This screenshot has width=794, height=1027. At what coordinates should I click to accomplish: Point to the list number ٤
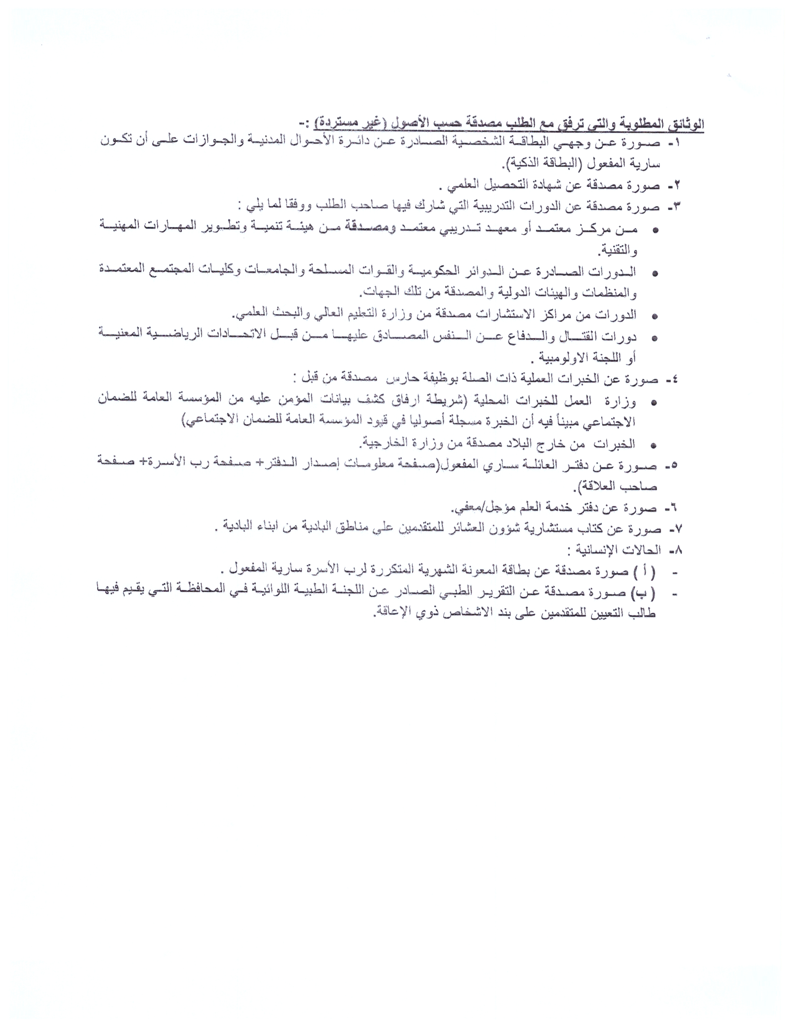click(x=673, y=379)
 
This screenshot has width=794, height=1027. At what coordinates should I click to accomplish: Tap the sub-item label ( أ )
click(x=644, y=571)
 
